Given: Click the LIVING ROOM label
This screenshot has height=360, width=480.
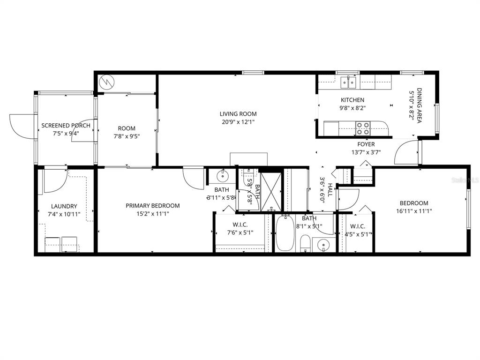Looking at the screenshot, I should [238, 114].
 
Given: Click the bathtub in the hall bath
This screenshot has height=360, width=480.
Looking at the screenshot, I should [285, 233].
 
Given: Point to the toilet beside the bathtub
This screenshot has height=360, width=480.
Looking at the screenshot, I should [305, 243].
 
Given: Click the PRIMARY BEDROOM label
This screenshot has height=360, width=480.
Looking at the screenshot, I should [152, 205].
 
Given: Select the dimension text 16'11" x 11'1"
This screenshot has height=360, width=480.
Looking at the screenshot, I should [413, 211].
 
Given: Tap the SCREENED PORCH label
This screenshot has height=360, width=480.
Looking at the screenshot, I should [66, 126].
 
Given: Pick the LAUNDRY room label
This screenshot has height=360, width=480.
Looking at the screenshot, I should [64, 206].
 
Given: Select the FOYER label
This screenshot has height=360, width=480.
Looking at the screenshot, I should [366, 144].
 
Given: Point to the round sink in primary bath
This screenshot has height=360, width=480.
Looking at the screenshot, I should [222, 177].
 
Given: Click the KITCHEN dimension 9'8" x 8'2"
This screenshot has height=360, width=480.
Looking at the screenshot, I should [352, 108].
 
